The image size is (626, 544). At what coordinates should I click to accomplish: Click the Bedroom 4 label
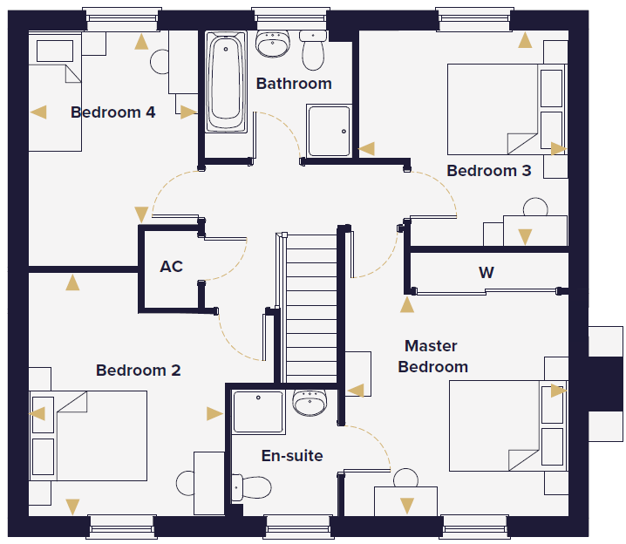pyautogui.click(x=113, y=112)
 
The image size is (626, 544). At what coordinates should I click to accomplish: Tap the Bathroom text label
pyautogui.click(x=294, y=84)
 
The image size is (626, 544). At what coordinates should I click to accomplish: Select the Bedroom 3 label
pyautogui.click(x=488, y=170)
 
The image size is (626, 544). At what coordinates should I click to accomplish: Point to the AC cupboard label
pyautogui.click(x=171, y=266)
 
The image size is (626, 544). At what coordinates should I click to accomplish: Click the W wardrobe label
pyautogui.click(x=487, y=273)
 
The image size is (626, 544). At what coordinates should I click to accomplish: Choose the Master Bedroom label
pyautogui.click(x=432, y=356)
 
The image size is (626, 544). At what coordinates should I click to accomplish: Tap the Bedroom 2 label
pyautogui.click(x=138, y=370)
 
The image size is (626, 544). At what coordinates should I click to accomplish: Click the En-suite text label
pyautogui.click(x=292, y=455)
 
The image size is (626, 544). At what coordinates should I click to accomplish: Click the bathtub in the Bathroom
pyautogui.click(x=226, y=82)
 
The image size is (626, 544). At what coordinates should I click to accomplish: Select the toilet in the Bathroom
pyautogui.click(x=313, y=51)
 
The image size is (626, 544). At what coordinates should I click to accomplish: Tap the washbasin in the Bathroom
pyautogui.click(x=272, y=43)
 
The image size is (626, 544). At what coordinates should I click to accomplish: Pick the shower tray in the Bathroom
pyautogui.click(x=329, y=131)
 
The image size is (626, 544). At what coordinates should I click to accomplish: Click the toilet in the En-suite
pyautogui.click(x=251, y=487)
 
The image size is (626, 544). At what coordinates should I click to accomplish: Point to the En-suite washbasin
pyautogui.click(x=310, y=402)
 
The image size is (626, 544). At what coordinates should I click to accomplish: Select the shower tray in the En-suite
pyautogui.click(x=258, y=411)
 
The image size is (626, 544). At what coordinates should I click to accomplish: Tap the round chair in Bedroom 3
pyautogui.click(x=535, y=207)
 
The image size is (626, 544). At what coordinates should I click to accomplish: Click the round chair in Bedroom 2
pyautogui.click(x=185, y=483)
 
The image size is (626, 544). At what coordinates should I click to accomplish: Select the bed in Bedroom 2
pyautogui.click(x=88, y=436)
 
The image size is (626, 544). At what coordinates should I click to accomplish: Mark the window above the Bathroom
pyautogui.click(x=291, y=19)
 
